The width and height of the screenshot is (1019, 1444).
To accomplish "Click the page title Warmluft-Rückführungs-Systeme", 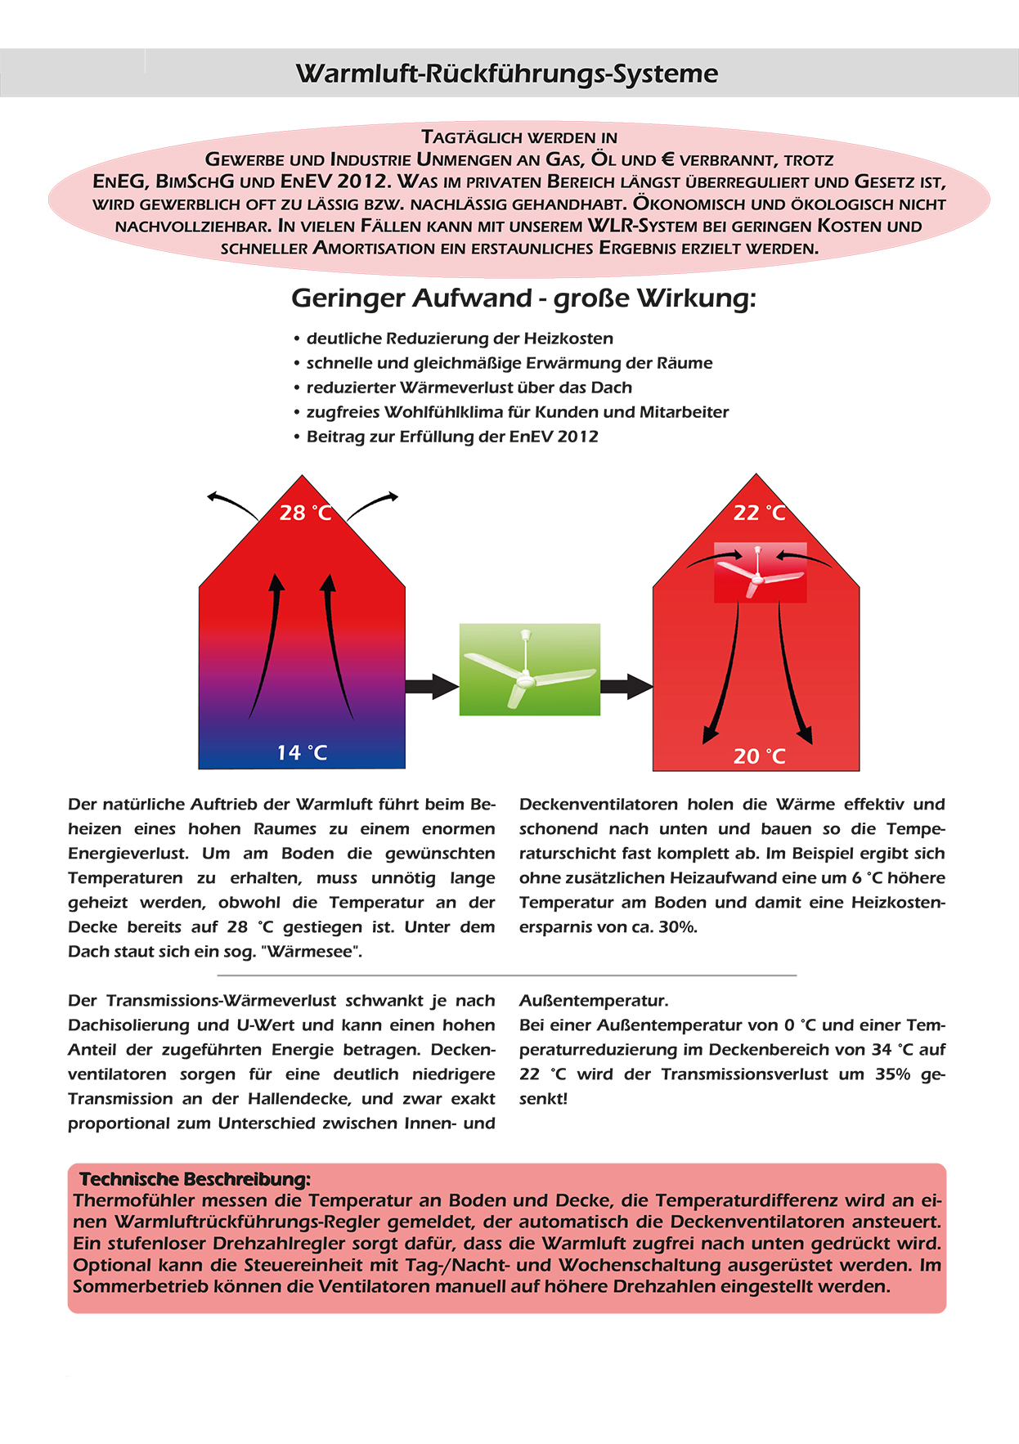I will click(x=507, y=74).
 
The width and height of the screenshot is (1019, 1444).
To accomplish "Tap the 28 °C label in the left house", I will click(x=305, y=513).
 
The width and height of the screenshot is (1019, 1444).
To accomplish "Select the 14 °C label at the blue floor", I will click(x=302, y=752).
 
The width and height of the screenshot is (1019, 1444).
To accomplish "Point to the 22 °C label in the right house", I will click(x=759, y=513).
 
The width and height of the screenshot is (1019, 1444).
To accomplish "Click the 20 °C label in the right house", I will click(x=759, y=756).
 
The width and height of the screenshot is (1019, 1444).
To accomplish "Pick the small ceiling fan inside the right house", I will click(x=760, y=572).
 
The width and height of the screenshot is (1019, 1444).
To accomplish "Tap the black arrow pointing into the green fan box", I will click(x=431, y=686).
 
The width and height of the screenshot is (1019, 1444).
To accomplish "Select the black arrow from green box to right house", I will click(x=626, y=686).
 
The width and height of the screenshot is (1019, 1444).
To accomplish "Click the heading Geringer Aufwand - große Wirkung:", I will click(x=523, y=298).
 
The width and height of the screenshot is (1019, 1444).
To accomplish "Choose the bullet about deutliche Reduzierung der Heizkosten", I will click(x=459, y=339).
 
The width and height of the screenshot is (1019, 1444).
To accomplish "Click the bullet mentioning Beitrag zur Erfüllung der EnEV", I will click(x=451, y=437).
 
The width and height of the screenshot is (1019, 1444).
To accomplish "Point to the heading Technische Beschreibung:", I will click(x=195, y=1179).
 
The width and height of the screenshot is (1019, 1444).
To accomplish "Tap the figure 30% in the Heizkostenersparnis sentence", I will click(x=678, y=927).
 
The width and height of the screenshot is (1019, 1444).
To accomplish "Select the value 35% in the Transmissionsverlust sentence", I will click(x=892, y=1074).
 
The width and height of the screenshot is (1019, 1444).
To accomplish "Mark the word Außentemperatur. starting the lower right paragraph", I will click(x=594, y=1001).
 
